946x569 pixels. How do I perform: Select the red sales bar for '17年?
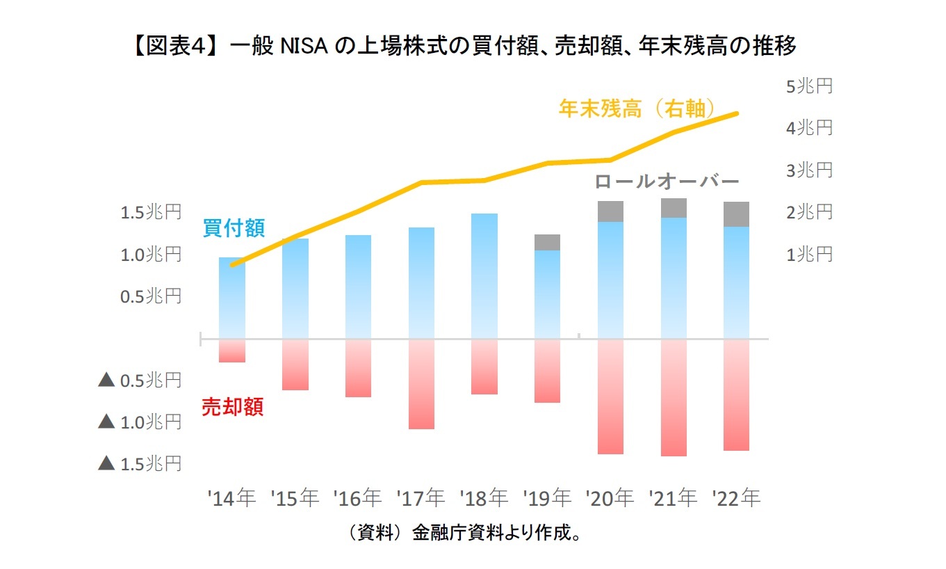[x=421, y=384]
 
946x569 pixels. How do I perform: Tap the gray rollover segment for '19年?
[x=547, y=242]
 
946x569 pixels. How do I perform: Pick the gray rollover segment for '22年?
[x=736, y=214]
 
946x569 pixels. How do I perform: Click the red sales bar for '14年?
[x=232, y=351]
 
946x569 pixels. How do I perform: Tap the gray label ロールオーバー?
[x=667, y=182]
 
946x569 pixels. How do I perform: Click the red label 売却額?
[x=232, y=407]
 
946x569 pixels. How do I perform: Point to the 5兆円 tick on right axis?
[x=808, y=86]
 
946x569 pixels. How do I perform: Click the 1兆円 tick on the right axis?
[x=808, y=255]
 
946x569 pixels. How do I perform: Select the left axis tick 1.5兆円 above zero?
[x=151, y=212]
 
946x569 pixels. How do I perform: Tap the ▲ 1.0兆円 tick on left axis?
[x=140, y=422]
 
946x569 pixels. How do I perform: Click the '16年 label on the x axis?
[x=357, y=498]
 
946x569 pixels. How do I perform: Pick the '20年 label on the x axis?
[x=610, y=498]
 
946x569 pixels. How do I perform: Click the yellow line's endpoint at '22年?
[x=737, y=113]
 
